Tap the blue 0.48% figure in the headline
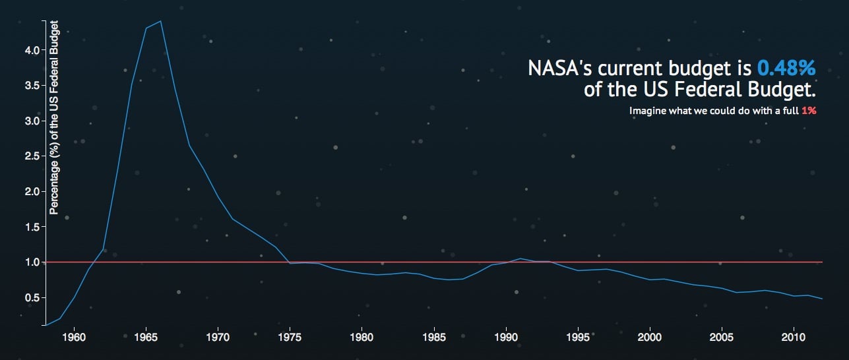click(x=786, y=68)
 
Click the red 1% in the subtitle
click(x=809, y=111)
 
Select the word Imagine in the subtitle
click(x=647, y=111)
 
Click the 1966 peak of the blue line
click(x=160, y=21)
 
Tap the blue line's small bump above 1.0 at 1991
click(x=520, y=258)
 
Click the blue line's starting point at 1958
click(x=46, y=325)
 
